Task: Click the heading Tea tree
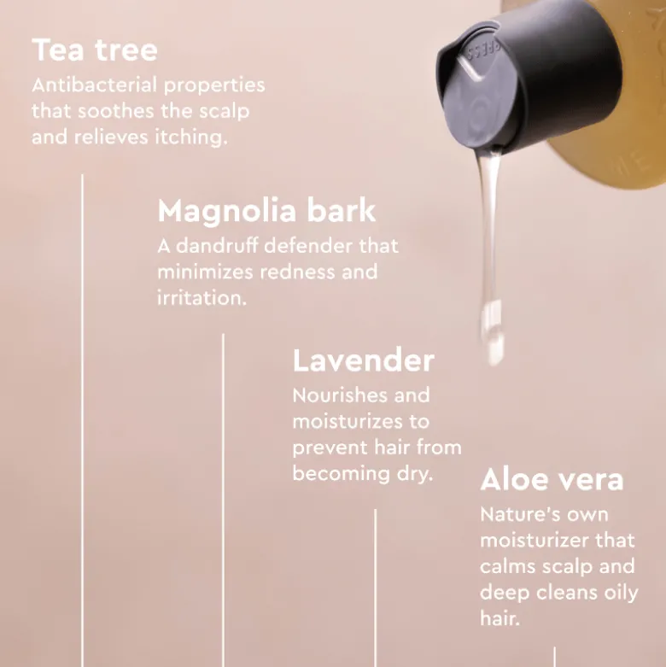(x=95, y=50)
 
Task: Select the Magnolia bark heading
(x=266, y=212)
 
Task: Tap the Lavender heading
(x=364, y=360)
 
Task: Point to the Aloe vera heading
(x=552, y=479)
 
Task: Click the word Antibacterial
(x=95, y=85)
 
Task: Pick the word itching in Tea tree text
(x=191, y=137)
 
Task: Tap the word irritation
(x=202, y=298)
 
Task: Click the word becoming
(x=341, y=474)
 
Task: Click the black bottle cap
(x=528, y=79)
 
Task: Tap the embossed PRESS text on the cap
(x=483, y=52)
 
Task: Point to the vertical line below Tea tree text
(x=83, y=420)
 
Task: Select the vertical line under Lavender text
(x=375, y=588)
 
